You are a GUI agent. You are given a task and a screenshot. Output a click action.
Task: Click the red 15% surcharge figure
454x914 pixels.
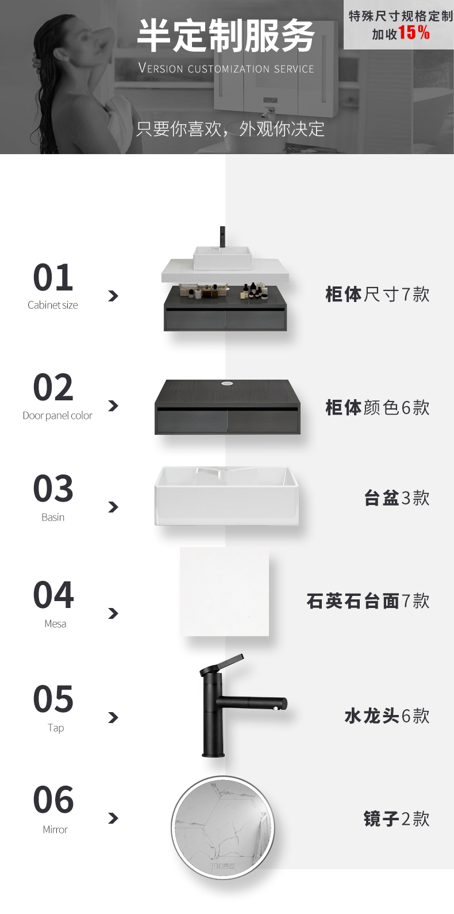[x=414, y=33]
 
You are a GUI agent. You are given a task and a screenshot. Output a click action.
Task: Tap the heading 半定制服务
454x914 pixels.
[x=226, y=36]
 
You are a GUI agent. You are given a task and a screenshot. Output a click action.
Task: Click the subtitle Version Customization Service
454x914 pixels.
[x=226, y=68]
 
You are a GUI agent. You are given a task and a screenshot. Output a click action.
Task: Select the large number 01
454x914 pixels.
[x=53, y=277]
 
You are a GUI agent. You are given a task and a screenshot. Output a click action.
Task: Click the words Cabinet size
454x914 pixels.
[x=52, y=305]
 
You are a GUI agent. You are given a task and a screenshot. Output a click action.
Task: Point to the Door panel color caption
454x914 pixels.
[x=57, y=415]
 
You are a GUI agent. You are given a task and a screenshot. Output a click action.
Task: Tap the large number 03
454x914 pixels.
[x=53, y=488]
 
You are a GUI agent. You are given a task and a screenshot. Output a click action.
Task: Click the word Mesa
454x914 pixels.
[x=55, y=624]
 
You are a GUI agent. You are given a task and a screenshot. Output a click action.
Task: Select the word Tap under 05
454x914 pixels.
[x=55, y=728]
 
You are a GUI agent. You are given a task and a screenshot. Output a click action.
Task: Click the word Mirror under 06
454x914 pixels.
[x=55, y=829]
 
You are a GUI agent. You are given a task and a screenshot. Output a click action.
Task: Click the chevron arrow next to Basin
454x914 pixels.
[x=113, y=507]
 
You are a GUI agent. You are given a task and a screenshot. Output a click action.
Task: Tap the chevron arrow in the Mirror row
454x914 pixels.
[x=113, y=818]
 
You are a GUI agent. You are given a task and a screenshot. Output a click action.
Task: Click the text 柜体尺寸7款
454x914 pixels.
[x=378, y=294]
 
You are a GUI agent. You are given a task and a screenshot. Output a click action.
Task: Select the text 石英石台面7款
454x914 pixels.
[x=368, y=601]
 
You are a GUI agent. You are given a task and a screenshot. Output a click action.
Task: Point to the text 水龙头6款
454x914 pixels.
[x=387, y=716]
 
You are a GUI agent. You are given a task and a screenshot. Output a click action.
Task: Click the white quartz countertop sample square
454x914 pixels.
[x=225, y=592]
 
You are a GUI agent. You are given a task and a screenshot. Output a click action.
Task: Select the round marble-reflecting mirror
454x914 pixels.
[x=222, y=828]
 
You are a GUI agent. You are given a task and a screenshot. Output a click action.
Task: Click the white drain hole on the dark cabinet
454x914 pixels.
[x=226, y=383]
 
